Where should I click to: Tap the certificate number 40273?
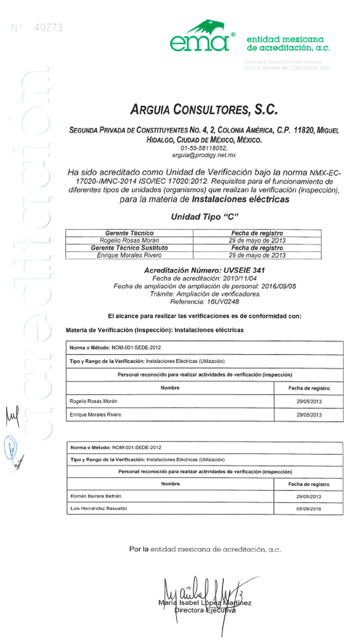point(49,28)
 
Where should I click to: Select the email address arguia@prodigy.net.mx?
point(204,155)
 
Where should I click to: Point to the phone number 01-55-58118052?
point(204,148)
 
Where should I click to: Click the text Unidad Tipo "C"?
point(204,217)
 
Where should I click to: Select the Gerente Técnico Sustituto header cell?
point(129,248)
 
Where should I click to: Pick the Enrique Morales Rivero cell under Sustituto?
point(129,255)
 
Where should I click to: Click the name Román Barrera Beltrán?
point(96,496)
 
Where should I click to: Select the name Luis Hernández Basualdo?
point(99,508)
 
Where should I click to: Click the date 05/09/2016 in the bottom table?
point(308,509)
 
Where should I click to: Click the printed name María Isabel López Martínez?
point(205,602)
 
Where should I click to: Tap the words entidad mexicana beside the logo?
point(285,40)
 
